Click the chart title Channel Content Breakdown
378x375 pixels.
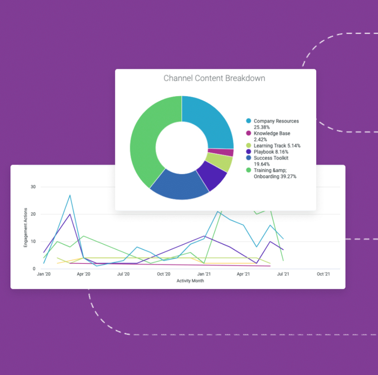click(214, 78)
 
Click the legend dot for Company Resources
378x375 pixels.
click(249, 121)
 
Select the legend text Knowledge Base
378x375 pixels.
click(272, 133)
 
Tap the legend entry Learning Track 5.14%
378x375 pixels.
click(277, 146)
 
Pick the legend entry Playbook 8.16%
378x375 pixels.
click(271, 152)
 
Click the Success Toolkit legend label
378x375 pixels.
click(271, 158)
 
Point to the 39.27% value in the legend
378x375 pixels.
click(289, 177)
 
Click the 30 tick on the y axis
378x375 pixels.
click(33, 187)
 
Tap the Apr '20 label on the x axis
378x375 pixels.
click(83, 274)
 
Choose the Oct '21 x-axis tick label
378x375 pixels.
click(323, 274)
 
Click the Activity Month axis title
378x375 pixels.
click(190, 281)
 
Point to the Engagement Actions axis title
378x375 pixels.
click(26, 228)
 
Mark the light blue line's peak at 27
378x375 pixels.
click(70, 195)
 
